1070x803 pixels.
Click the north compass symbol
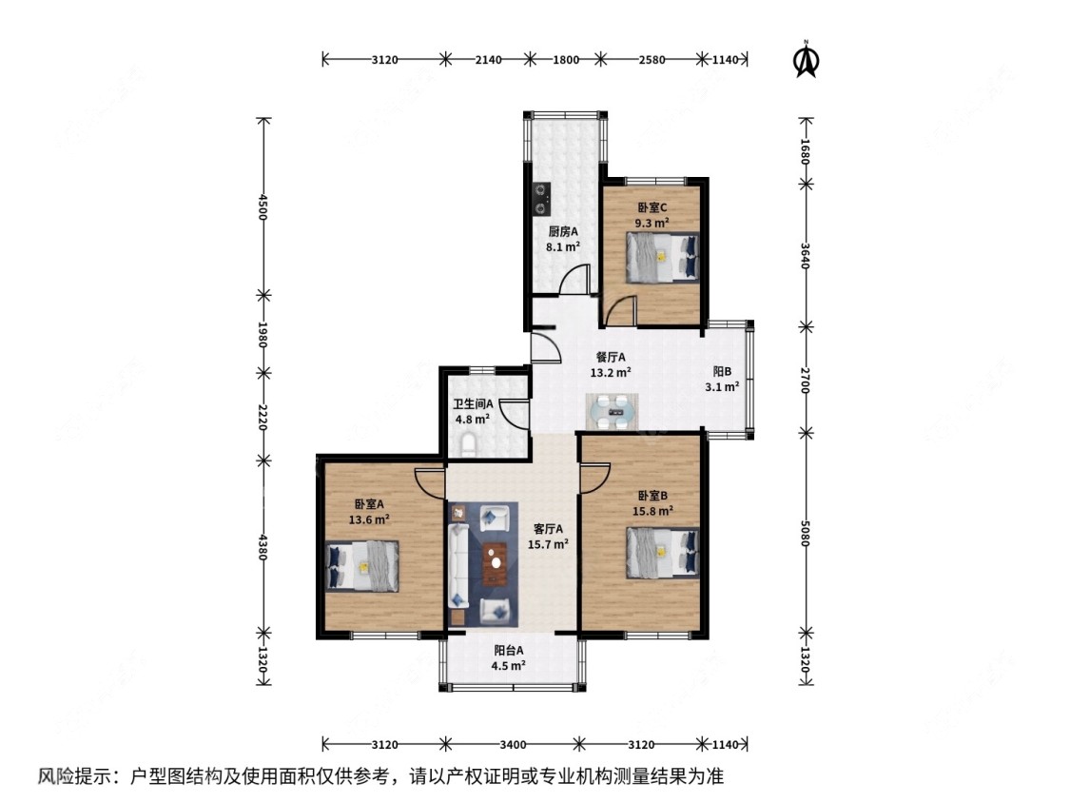point(807,60)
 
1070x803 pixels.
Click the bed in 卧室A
point(361,565)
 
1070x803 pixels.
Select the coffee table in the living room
point(495,562)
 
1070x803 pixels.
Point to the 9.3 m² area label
point(652,223)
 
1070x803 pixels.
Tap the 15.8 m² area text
point(655,510)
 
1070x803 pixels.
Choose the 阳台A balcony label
point(509,651)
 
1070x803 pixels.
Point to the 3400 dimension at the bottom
point(511,743)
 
